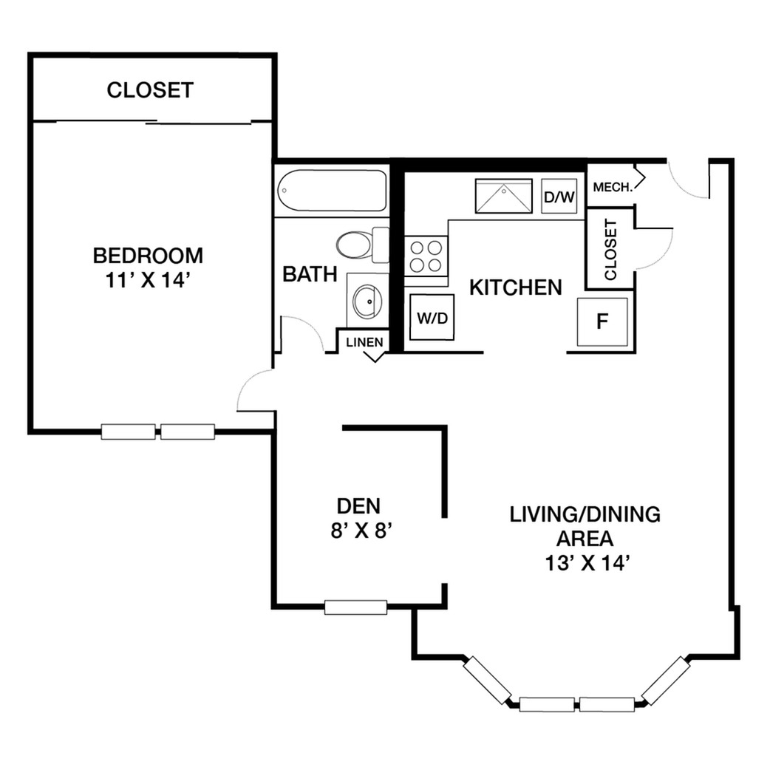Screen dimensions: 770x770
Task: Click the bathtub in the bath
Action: (x=332, y=191)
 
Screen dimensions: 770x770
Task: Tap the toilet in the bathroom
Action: (x=363, y=244)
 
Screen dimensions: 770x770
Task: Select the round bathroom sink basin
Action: (x=368, y=301)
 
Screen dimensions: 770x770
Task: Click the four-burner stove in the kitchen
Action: (x=426, y=256)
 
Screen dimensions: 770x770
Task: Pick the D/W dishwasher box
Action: (x=559, y=197)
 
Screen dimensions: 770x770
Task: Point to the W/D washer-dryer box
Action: (x=432, y=317)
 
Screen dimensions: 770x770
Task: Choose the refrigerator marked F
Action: (x=602, y=321)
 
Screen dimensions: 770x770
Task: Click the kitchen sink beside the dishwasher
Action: (x=504, y=196)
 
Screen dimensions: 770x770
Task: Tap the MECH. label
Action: (x=613, y=187)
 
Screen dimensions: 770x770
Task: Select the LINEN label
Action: (x=364, y=342)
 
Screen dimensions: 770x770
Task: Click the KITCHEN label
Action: (x=516, y=287)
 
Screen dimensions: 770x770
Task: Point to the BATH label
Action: (x=310, y=274)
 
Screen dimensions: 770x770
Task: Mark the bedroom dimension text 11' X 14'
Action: (x=148, y=280)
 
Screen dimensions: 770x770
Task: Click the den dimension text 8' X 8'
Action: (x=361, y=531)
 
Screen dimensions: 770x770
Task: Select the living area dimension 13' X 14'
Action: (x=587, y=563)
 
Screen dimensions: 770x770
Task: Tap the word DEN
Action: (x=358, y=505)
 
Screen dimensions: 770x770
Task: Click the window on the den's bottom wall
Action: (x=355, y=607)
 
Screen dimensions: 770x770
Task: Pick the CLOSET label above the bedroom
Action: (x=150, y=90)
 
